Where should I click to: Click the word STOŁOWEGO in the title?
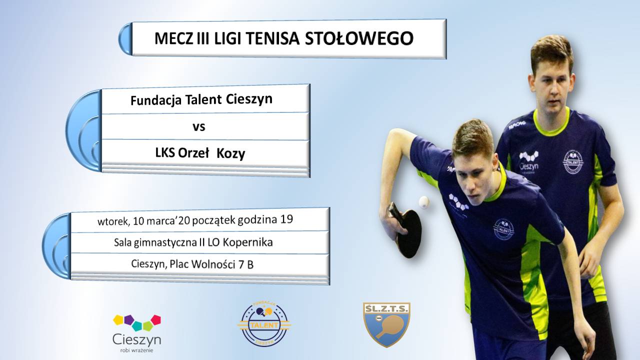coord(359,38)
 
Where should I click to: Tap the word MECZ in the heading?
coord(173,38)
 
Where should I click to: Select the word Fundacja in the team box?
coord(156,100)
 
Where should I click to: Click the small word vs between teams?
coord(199,127)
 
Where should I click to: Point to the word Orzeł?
coord(193,153)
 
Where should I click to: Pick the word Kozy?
coord(231,154)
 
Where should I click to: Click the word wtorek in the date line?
coord(113,221)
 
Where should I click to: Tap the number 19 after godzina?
coord(286,219)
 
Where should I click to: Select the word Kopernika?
coord(247,243)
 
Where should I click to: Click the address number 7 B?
coord(246,265)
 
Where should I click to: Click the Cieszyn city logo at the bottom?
coord(137,333)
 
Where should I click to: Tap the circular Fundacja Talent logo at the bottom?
coord(264,324)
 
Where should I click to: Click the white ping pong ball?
coord(424,202)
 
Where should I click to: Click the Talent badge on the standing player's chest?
coord(573,162)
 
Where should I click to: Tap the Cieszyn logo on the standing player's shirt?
coord(529,161)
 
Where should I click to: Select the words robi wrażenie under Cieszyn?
coord(136,350)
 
